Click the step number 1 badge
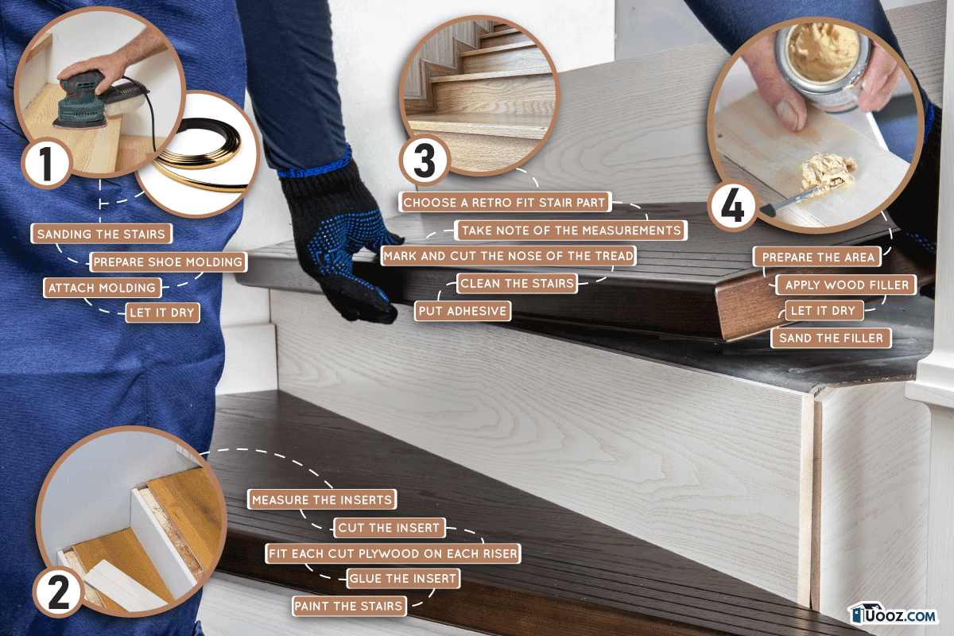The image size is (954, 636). pyautogui.click(x=46, y=164)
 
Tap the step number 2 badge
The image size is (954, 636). pyautogui.click(x=58, y=592)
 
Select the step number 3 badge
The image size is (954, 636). pyautogui.click(x=425, y=161)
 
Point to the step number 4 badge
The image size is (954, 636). pyautogui.click(x=732, y=207)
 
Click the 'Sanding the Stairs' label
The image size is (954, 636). pyautogui.click(x=102, y=234)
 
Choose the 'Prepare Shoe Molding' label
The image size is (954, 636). pyautogui.click(x=169, y=262)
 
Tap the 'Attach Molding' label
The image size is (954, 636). pyautogui.click(x=103, y=288)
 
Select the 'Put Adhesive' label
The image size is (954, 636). pyautogui.click(x=463, y=311)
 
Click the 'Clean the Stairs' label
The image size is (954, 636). pyautogui.click(x=517, y=283)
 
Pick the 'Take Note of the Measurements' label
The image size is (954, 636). pyautogui.click(x=571, y=231)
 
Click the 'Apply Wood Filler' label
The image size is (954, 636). pyautogui.click(x=846, y=285)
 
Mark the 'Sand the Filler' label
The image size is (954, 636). pyautogui.click(x=831, y=338)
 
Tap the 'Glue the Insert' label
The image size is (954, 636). pyautogui.click(x=403, y=579)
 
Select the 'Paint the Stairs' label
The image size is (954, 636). pyautogui.click(x=349, y=606)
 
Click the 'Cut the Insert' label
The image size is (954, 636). pyautogui.click(x=389, y=528)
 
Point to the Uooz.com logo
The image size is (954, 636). pyautogui.click(x=892, y=615)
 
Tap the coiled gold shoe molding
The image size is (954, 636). pyautogui.click(x=200, y=153)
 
